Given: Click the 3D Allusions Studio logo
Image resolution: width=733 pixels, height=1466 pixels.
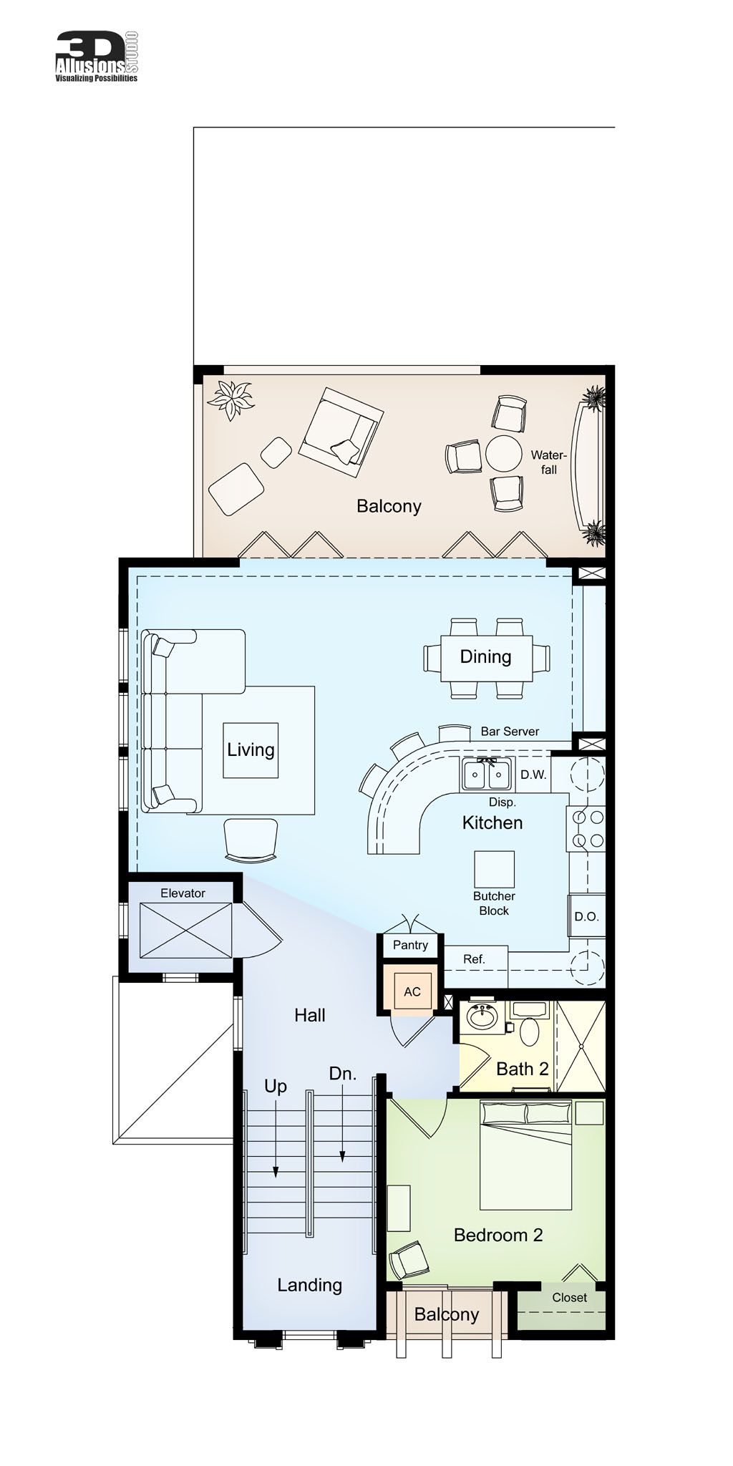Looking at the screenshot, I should coord(97,57).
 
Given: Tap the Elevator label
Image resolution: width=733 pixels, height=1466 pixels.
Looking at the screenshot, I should coord(183,893).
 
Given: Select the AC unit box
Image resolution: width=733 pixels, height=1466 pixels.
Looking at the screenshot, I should coord(412,991).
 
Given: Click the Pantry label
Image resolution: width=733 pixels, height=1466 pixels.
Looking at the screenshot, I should coord(410,945).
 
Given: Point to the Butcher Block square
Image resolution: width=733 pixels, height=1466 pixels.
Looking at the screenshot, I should coord(494,869).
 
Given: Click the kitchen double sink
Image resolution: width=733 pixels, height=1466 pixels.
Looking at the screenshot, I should coord(486,775).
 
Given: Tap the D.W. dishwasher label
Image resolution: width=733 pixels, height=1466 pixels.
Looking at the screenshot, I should coord(533,775).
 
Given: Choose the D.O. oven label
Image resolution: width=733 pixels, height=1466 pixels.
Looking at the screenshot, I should coord(586,916).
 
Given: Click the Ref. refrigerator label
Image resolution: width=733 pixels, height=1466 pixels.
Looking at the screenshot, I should coord(474,959).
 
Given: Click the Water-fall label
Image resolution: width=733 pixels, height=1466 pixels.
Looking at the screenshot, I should coord(549,462).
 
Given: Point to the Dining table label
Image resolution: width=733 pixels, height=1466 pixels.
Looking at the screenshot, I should coord(485,656).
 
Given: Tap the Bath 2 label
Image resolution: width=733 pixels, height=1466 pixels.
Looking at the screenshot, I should coord(522,1069).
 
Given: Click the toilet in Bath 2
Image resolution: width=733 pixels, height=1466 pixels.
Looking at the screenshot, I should coord(530,1031).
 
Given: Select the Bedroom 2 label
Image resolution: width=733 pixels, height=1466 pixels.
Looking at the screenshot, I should coord(498,1235).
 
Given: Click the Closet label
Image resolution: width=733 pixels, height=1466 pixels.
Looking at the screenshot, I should coord(569,1297).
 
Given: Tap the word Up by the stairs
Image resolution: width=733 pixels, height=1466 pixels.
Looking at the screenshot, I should coord(276,1086).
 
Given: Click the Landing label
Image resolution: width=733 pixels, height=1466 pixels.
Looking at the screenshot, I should coord(309,1285).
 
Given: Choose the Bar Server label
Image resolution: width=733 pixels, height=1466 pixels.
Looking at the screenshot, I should coord(510,731).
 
